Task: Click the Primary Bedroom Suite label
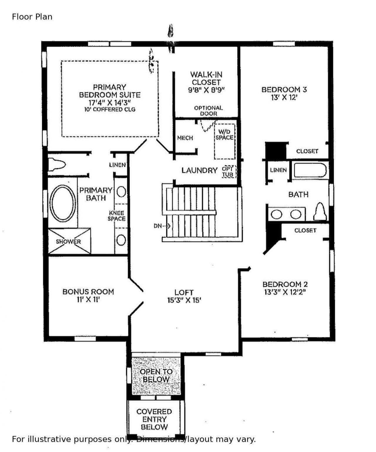click(110, 91)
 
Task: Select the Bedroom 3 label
click(284, 89)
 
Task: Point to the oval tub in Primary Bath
click(63, 203)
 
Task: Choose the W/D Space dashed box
click(225, 141)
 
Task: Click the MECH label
click(185, 138)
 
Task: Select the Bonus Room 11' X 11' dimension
click(88, 300)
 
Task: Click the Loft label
click(184, 292)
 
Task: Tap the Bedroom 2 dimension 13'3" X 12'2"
click(285, 292)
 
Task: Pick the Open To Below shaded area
click(156, 376)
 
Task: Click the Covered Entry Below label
click(154, 419)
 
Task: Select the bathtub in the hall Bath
click(310, 170)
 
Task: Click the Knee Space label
click(117, 216)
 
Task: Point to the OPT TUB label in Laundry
click(228, 172)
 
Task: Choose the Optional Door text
click(208, 111)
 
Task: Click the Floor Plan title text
click(32, 17)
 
